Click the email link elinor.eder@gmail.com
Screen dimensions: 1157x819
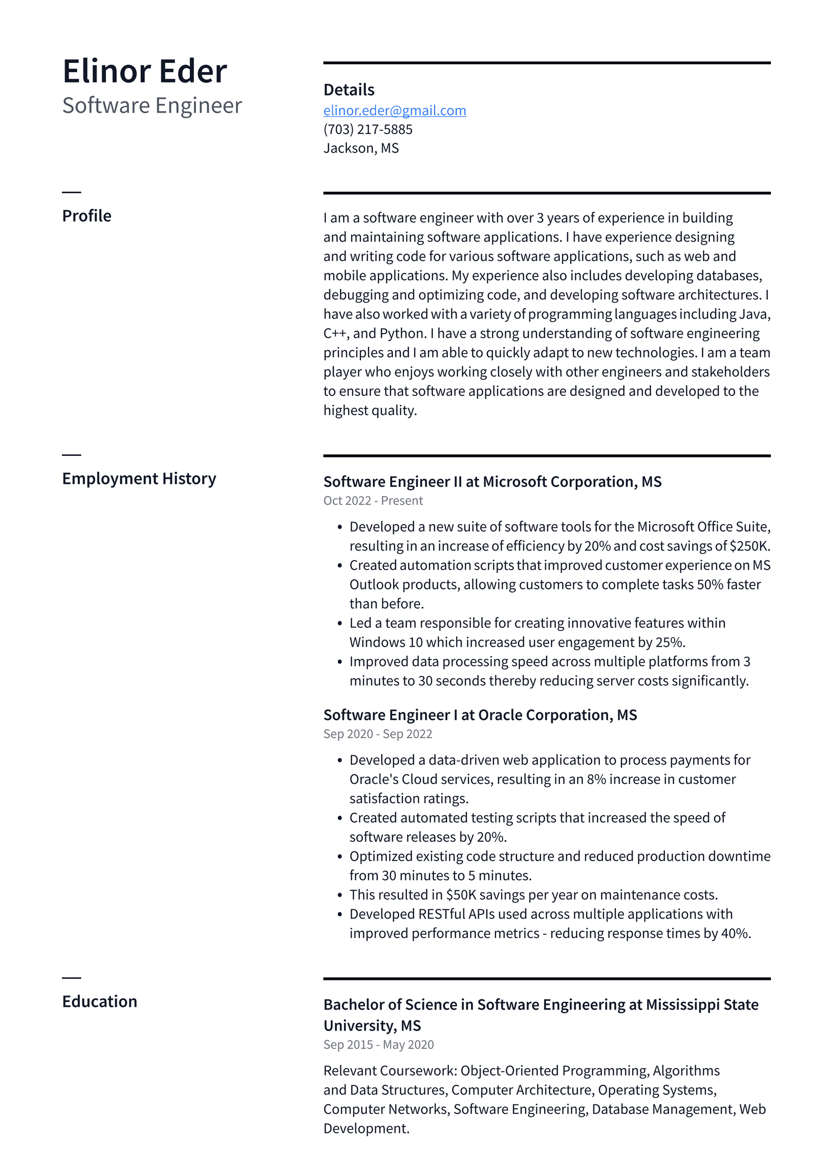pyautogui.click(x=394, y=111)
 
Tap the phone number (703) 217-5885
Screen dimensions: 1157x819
pyautogui.click(x=368, y=129)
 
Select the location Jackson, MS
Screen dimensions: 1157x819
pyautogui.click(x=361, y=148)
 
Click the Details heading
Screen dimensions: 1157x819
pyautogui.click(x=349, y=90)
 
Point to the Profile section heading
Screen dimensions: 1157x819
pyautogui.click(x=87, y=216)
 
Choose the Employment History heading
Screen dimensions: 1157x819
pyautogui.click(x=139, y=478)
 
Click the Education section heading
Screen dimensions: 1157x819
pyautogui.click(x=99, y=1001)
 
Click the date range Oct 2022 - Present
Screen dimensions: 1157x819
pyautogui.click(x=373, y=500)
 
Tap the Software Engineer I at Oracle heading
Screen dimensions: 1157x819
pyautogui.click(x=480, y=715)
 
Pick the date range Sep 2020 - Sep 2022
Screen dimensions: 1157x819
pyautogui.click(x=377, y=734)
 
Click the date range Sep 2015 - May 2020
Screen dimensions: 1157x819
pyautogui.click(x=378, y=1044)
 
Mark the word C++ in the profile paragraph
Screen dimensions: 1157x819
pyautogui.click(x=335, y=334)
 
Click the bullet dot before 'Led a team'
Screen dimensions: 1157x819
pyautogui.click(x=339, y=623)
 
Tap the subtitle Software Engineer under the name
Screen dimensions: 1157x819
pyautogui.click(x=152, y=105)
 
